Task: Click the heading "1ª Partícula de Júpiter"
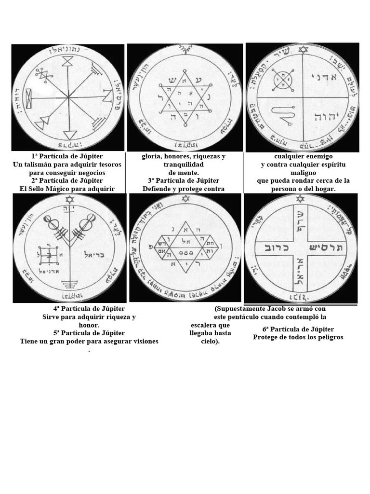pos(67,157)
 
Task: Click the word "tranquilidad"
pos(185,165)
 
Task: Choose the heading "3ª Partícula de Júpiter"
pos(185,180)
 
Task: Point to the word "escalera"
pos(203,325)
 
